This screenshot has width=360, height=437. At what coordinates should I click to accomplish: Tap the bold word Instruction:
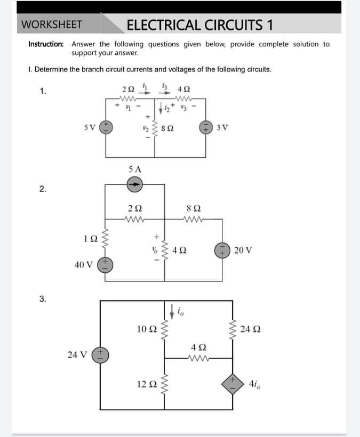tap(46, 44)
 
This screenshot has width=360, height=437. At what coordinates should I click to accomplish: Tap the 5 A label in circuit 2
tap(135, 169)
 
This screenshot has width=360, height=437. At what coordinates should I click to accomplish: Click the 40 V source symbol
tap(106, 263)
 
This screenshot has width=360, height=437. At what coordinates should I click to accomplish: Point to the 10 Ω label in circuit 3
tap(146, 328)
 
